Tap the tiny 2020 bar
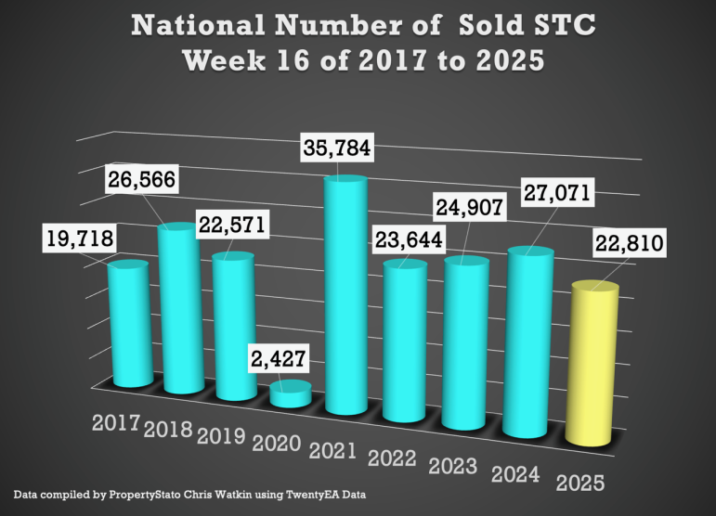point(291,393)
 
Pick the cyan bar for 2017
point(127,325)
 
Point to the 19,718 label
point(78,239)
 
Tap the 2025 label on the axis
point(582,483)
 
